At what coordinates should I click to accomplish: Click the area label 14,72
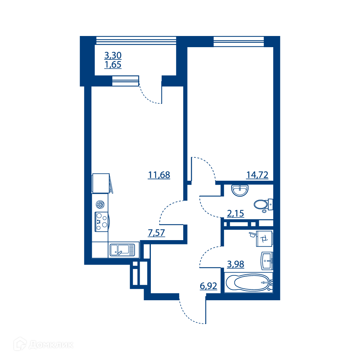point(257,175)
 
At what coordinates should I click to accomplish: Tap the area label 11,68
point(159,175)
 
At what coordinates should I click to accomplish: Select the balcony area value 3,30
point(113,55)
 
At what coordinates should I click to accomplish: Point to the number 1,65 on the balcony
point(113,65)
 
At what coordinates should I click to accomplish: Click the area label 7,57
point(156,233)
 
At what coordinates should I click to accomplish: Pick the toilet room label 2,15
point(235,213)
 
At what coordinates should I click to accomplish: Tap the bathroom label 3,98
point(235,264)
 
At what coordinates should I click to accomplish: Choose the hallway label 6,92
point(208,286)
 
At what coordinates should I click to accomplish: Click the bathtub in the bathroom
point(248,283)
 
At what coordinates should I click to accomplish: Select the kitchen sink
point(122,250)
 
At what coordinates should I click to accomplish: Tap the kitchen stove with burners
point(102,222)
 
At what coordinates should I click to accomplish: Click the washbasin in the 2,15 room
point(240,190)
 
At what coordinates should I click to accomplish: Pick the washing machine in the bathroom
point(264,239)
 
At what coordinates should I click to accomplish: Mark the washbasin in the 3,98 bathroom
point(267,261)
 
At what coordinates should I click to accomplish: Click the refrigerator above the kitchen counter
point(101,183)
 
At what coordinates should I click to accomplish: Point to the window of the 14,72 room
point(239,41)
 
